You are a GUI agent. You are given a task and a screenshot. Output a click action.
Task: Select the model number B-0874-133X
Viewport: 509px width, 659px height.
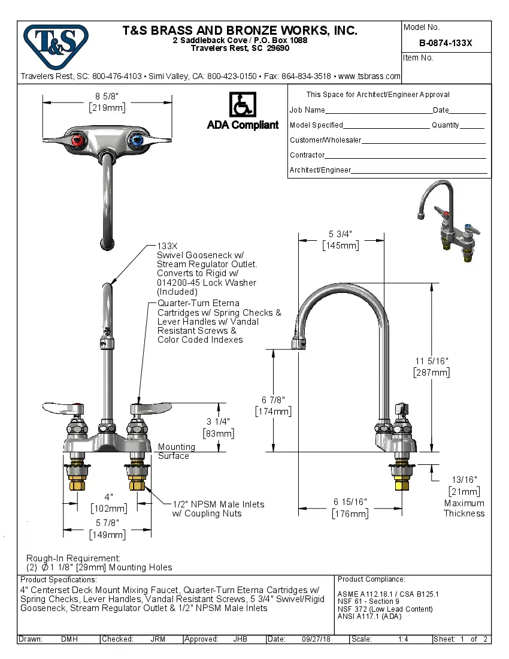[x=446, y=43]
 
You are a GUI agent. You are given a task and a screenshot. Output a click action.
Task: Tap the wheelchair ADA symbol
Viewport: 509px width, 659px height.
[x=243, y=105]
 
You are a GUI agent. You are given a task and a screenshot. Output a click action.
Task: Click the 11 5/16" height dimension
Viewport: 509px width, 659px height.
[x=431, y=366]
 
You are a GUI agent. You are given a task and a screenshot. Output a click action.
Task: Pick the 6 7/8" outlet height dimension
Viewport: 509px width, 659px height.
[x=273, y=405]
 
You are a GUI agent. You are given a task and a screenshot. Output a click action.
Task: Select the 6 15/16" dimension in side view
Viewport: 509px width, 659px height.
[x=350, y=507]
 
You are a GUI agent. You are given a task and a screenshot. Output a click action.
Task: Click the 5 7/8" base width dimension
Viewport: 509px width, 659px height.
[x=108, y=528]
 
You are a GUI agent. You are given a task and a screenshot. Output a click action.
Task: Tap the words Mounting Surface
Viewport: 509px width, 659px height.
[x=176, y=451]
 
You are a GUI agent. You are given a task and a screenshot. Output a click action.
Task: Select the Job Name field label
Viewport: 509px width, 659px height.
[x=307, y=110]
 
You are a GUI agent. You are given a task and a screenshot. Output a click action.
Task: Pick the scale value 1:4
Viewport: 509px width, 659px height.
[x=403, y=639]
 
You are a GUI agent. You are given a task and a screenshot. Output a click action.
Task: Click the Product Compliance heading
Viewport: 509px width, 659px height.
[x=371, y=579]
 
